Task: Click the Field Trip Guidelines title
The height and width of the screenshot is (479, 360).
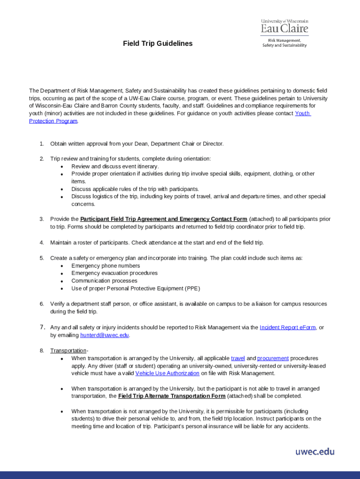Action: click(158, 44)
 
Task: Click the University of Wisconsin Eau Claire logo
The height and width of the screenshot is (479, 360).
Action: click(284, 33)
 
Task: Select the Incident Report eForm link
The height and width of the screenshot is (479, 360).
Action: click(288, 327)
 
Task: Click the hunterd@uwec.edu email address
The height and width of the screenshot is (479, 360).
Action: click(104, 335)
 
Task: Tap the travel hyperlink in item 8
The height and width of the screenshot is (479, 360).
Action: click(238, 358)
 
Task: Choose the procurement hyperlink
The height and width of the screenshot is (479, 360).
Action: click(273, 358)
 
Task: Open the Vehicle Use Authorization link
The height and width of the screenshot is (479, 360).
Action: click(167, 373)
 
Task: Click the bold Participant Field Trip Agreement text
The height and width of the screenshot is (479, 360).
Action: click(164, 219)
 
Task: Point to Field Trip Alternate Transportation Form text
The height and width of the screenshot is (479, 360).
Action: click(172, 396)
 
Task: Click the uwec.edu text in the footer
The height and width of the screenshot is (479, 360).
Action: click(315, 451)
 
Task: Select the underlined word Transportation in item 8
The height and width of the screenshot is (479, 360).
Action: click(68, 350)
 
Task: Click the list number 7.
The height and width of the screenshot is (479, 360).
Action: click(42, 327)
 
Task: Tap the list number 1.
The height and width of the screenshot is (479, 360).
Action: click(42, 144)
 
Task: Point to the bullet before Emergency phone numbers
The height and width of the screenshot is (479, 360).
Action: click(62, 266)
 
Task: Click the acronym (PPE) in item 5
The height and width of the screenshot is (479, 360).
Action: click(192, 288)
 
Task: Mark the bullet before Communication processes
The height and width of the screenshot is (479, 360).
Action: click(62, 281)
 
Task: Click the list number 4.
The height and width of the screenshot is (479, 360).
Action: click(42, 242)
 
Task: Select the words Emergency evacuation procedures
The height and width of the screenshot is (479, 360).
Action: click(114, 273)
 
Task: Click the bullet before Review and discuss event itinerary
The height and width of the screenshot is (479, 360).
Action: click(62, 167)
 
